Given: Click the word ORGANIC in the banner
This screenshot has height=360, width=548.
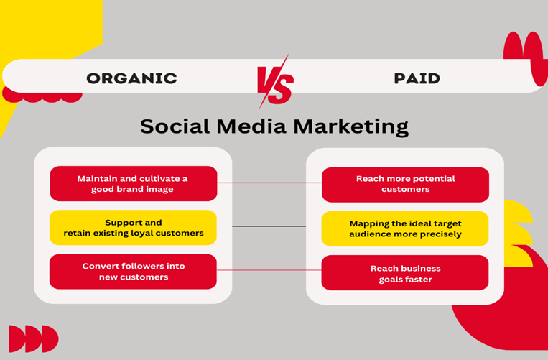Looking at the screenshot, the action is tap(131, 78).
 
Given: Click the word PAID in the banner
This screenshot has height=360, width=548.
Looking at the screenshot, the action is tap(417, 78).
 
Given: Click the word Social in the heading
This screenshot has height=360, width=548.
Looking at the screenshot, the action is tap(175, 126).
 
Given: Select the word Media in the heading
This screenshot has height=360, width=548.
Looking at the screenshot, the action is tap(251, 126).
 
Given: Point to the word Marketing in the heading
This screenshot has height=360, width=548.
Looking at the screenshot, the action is tap(351, 127).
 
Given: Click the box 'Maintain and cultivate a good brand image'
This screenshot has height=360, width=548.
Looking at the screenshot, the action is tap(133, 183).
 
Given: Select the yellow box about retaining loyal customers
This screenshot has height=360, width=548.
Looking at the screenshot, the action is tap(133, 228).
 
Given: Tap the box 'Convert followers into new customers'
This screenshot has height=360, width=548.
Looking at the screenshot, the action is tap(133, 272).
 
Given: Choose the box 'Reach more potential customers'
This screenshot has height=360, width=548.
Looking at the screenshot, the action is tap(405, 185).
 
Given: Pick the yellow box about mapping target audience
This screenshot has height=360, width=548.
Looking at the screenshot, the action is tap(405, 229).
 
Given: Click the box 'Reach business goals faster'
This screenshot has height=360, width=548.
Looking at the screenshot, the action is tap(405, 272).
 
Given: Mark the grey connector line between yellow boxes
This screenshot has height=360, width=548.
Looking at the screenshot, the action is tap(269, 226).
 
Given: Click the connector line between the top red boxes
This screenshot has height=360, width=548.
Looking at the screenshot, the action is tap(269, 183).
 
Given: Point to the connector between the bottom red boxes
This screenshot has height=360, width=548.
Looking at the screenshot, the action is tap(269, 270).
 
